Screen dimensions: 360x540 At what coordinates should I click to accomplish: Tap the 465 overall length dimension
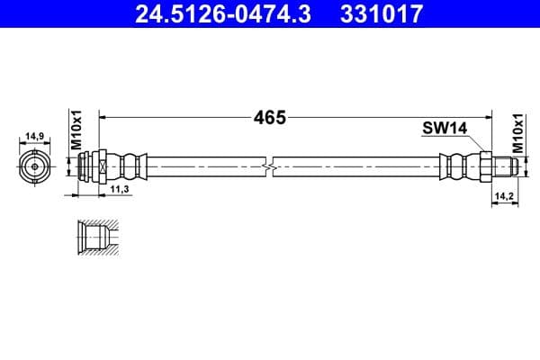tap(268, 117)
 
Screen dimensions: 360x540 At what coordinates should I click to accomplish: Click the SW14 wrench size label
tap(444, 129)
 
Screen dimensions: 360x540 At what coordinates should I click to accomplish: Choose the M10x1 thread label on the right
tap(517, 131)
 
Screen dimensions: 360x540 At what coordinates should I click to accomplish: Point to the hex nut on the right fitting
tap(482, 166)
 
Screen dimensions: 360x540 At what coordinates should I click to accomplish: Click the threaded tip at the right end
tap(504, 166)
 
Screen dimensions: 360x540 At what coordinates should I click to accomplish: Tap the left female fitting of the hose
tap(92, 166)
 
